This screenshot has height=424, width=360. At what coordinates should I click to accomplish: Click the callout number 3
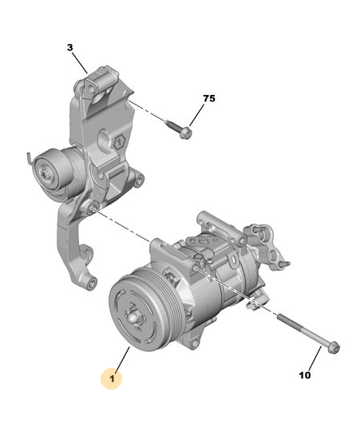[70, 48]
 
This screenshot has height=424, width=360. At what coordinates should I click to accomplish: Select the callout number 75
[209, 98]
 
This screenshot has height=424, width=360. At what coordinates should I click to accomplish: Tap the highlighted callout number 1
[112, 378]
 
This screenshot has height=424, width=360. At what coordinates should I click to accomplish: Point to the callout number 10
[305, 375]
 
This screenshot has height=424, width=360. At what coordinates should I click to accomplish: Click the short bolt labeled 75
[179, 129]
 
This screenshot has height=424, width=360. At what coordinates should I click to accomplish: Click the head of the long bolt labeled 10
[334, 347]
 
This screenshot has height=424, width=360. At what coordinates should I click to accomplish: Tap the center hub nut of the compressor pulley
[133, 317]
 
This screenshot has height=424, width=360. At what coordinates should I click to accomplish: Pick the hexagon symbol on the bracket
[120, 141]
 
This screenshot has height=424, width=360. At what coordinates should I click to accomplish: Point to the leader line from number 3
[81, 62]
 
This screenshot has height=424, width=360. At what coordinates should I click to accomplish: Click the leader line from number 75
[196, 115]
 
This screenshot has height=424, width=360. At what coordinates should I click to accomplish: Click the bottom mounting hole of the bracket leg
[92, 283]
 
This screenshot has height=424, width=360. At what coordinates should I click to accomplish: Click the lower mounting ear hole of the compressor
[194, 344]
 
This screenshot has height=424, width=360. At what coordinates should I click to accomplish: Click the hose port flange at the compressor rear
[267, 244]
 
